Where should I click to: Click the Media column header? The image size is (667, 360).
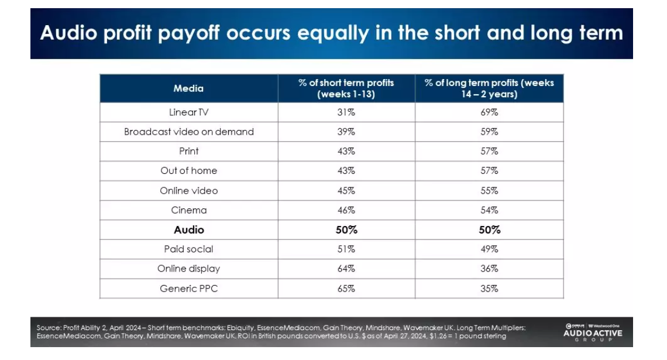188,88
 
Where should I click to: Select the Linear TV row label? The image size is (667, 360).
188,112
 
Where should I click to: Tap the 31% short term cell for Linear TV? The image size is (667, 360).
346,112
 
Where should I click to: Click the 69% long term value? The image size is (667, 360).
489,112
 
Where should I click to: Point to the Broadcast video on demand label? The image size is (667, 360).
188,132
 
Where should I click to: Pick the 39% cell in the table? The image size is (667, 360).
346,132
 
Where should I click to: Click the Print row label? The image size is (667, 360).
188,151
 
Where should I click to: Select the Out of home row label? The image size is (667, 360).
188,171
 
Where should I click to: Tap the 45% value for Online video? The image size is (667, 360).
346,191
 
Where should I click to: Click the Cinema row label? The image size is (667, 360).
188,210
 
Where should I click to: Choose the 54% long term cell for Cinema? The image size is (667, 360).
489,210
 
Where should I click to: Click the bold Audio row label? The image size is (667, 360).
188,230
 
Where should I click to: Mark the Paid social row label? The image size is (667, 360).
188,249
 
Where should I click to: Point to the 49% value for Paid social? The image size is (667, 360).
489,249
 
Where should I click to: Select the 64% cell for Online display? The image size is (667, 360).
346,269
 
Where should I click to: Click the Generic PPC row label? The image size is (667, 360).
188,289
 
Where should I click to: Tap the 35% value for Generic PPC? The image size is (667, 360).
489,289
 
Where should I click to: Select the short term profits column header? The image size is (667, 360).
346,88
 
